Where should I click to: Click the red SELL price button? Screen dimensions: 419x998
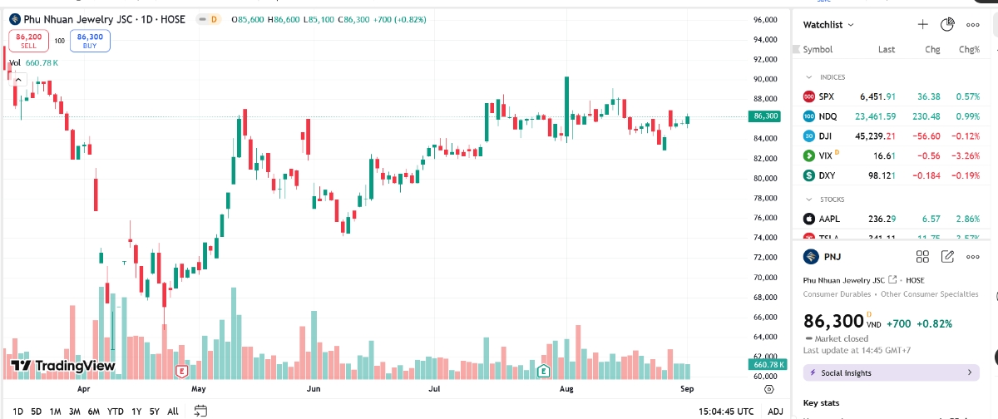coord(30,41)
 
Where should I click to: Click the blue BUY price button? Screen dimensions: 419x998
coord(90,41)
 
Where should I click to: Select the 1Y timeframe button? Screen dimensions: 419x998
coord(136,412)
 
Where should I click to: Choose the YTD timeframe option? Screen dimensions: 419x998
coord(116,412)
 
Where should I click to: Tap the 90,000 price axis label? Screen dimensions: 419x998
coord(764,80)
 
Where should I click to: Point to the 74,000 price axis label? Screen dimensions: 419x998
coord(764,238)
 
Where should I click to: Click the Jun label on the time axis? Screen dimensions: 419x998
coord(314,388)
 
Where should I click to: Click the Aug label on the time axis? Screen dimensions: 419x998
coord(567,388)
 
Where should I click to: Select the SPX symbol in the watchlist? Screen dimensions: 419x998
coord(826,96)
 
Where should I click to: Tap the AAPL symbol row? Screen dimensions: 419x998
coord(828,219)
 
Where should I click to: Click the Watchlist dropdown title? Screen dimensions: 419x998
coord(828,25)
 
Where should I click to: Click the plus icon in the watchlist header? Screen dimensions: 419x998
coord(922,25)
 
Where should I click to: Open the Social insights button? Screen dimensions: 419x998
coord(891,373)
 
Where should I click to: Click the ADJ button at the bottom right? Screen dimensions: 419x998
coord(775,412)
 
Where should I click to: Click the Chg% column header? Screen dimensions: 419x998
coord(969,50)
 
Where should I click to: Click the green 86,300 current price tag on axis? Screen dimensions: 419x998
coord(765,116)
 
